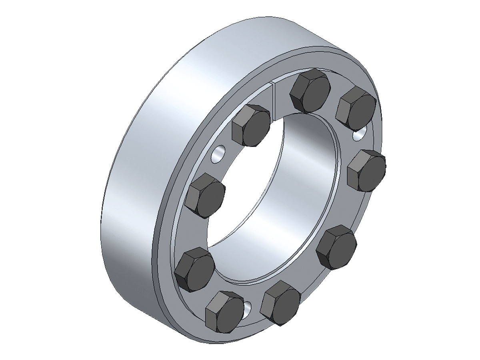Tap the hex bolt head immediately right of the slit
click(x=310, y=91)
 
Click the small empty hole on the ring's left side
click(x=219, y=154)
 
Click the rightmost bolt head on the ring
click(x=367, y=171)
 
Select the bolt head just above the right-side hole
click(x=356, y=108)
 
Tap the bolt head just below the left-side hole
click(x=206, y=196)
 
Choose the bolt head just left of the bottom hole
click(x=225, y=312)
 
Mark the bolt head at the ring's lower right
click(x=336, y=247)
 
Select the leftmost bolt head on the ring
click(x=194, y=268)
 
